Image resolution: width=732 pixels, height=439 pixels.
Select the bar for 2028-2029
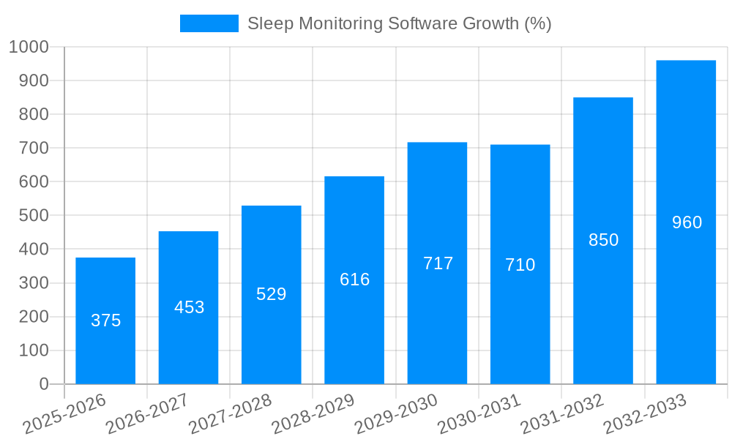coord(354,329)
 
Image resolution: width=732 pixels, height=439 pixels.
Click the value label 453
coord(189,307)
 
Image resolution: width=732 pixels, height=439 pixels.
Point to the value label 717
coord(438,263)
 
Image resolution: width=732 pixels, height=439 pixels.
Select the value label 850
coord(603,240)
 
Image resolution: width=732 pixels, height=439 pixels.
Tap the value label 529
coord(271,294)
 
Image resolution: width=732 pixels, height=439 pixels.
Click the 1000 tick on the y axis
coord(29,47)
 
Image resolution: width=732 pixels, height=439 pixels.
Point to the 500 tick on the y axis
coord(34,216)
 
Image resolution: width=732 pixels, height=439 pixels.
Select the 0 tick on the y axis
coord(44,384)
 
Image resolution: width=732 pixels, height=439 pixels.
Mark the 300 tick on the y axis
coord(34,283)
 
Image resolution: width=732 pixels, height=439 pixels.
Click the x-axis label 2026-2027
coord(146,414)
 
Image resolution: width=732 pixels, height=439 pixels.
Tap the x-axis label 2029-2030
coord(395,414)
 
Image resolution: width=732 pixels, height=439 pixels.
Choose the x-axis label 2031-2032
coord(561,414)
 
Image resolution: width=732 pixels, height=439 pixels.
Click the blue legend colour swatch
coord(209,23)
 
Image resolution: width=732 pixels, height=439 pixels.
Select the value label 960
coord(687,222)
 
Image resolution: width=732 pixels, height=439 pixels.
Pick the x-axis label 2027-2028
coord(230,414)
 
